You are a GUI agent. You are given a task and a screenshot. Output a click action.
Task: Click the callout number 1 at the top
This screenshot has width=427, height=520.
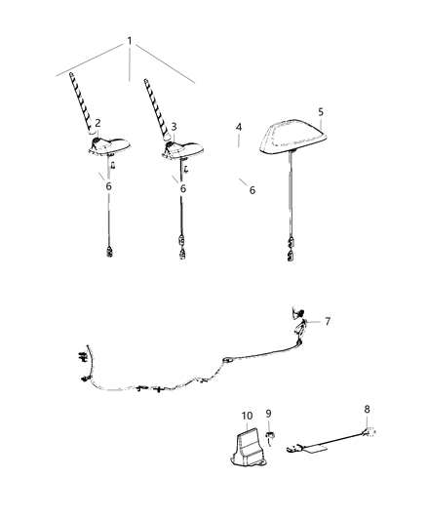(129, 41)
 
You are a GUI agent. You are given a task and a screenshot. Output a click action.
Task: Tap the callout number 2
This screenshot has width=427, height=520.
(98, 124)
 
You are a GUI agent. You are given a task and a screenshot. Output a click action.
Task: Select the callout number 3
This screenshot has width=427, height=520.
(174, 127)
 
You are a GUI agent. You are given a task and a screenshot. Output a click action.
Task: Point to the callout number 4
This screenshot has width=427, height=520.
(239, 128)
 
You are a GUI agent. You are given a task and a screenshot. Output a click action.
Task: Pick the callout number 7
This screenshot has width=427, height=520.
(328, 320)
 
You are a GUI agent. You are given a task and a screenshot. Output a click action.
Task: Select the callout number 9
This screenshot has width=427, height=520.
(268, 413)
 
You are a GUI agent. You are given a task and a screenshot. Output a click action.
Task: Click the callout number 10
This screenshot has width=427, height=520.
(247, 415)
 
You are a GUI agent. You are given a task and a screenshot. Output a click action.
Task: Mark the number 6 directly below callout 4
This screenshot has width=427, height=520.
(252, 190)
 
